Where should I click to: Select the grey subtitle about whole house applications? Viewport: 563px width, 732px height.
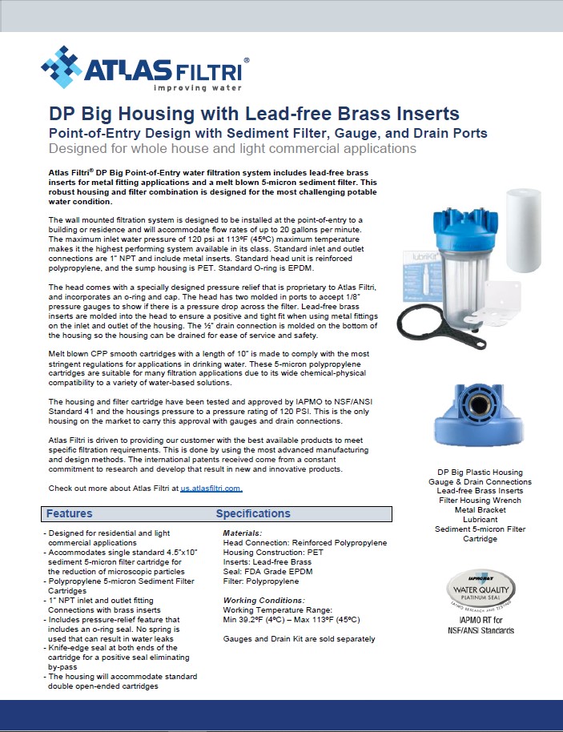click(232, 148)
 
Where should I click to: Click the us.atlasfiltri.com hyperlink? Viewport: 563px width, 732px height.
click(211, 488)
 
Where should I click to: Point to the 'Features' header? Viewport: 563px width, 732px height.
click(69, 513)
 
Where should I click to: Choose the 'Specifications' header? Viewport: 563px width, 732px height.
click(253, 513)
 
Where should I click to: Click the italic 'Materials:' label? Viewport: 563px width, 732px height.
click(243, 533)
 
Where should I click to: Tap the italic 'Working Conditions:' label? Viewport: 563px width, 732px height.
click(263, 600)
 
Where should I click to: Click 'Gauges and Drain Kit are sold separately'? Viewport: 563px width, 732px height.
click(299, 639)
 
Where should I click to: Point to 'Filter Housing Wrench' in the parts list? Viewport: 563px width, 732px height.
click(480, 501)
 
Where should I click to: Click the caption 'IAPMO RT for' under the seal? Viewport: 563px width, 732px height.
click(480, 620)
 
